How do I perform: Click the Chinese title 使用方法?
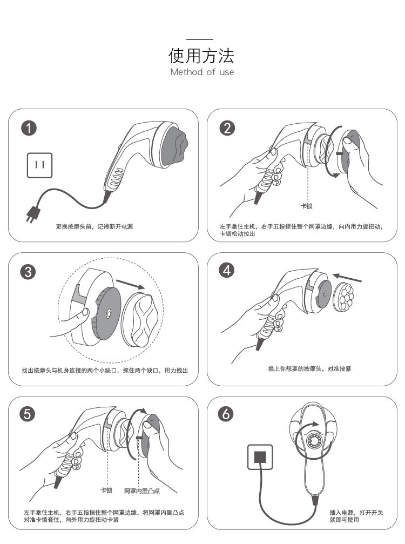(x=202, y=56)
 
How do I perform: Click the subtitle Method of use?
(x=202, y=72)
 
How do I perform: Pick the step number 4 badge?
(x=227, y=270)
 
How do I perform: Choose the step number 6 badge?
(x=227, y=414)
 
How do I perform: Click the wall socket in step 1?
(x=40, y=165)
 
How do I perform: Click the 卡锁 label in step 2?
(x=306, y=206)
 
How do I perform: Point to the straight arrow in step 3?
(x=130, y=283)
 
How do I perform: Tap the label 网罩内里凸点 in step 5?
(x=141, y=491)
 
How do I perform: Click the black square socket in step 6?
(x=261, y=457)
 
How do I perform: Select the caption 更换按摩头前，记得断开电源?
(x=94, y=227)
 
